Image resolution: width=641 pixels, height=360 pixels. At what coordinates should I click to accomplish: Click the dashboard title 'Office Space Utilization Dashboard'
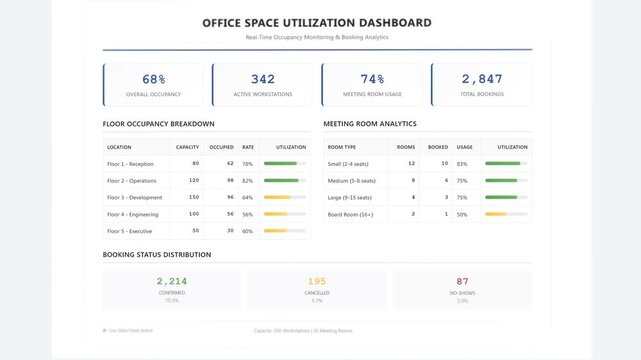point(317,22)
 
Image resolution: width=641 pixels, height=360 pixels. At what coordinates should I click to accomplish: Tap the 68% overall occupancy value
point(154,79)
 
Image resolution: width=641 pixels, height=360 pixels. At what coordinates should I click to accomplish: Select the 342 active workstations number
point(263,79)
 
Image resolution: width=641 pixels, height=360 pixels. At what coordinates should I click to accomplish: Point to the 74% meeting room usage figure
point(372,79)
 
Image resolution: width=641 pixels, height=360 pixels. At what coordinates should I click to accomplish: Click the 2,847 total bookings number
point(482,79)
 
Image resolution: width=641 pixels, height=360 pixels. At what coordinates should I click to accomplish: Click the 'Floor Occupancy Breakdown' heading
point(158,124)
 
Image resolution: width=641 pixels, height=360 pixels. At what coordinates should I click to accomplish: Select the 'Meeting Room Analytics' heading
point(370,124)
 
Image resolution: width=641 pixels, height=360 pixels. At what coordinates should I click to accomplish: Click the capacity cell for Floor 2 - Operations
point(194,180)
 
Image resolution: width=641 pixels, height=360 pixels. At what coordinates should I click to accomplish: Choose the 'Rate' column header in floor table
point(247,147)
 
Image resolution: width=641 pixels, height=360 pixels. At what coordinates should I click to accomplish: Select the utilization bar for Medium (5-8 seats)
point(505,180)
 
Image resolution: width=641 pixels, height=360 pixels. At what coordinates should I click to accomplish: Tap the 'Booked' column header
point(437,147)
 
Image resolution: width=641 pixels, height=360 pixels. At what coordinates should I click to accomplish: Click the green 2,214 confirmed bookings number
point(172,282)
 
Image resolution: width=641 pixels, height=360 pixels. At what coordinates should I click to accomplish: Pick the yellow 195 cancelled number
point(317,282)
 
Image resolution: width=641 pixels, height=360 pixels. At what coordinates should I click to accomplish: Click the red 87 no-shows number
point(462,282)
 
